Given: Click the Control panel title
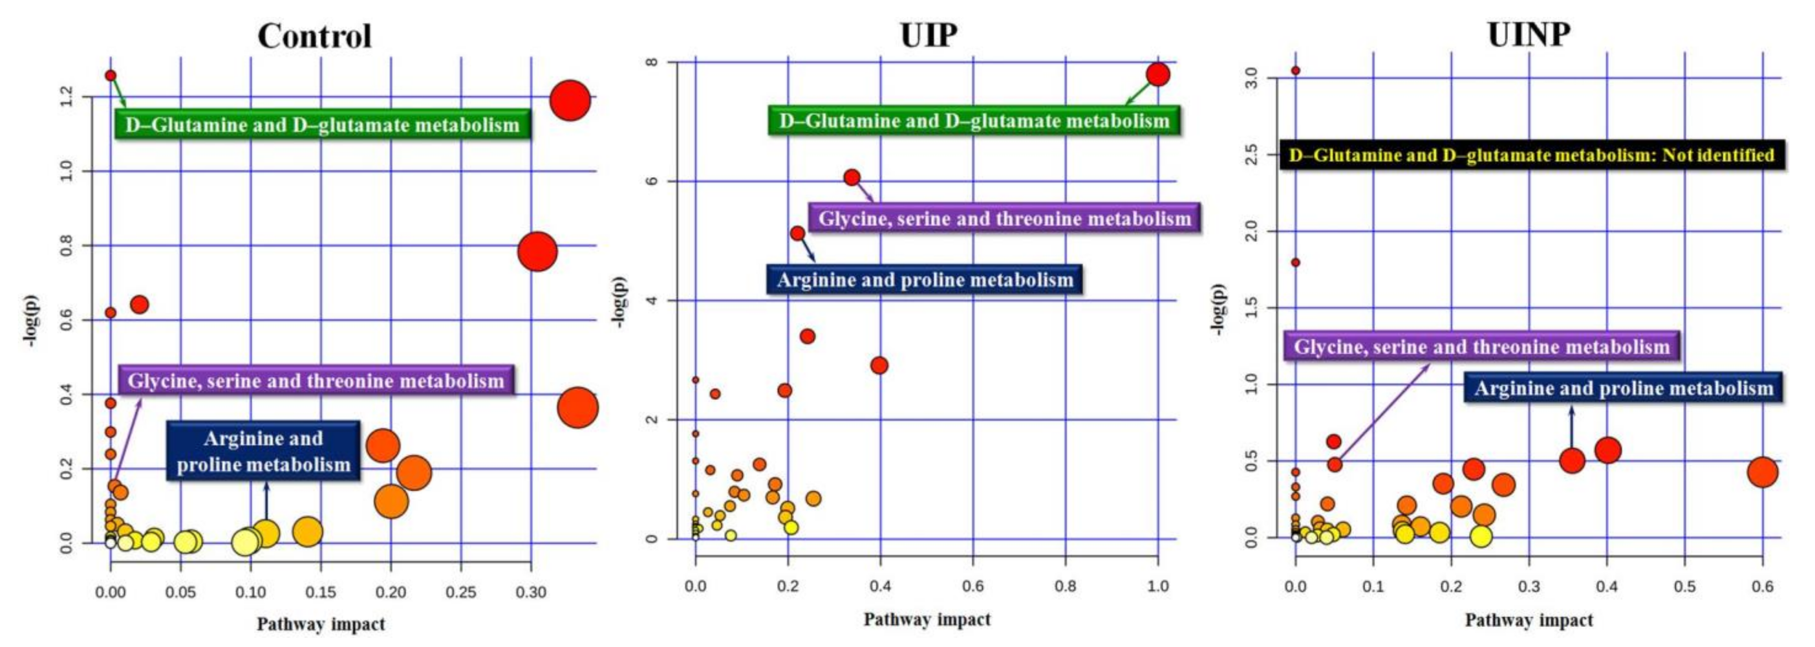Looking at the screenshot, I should pyautogui.click(x=314, y=35).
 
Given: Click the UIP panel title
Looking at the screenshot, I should pyautogui.click(x=929, y=35).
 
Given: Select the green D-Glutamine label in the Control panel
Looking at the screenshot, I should pyautogui.click(x=323, y=125).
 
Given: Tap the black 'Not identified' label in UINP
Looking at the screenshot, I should pyautogui.click(x=1531, y=155).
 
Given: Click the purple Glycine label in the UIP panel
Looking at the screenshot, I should pyautogui.click(x=1004, y=219).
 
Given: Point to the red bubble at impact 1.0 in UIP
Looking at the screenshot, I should pyautogui.click(x=1157, y=74).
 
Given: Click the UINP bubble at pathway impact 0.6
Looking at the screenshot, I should pyautogui.click(x=1762, y=472).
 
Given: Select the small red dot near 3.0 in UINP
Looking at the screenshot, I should pyautogui.click(x=1295, y=71).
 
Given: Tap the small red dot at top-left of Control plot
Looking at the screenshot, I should pyautogui.click(x=111, y=76).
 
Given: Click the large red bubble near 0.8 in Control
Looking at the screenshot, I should pyautogui.click(x=537, y=251).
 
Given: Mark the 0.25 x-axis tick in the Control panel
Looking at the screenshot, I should pyautogui.click(x=460, y=593).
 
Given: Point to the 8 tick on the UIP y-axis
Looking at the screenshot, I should pyautogui.click(x=652, y=62).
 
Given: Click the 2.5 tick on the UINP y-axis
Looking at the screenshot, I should pyautogui.click(x=1251, y=155).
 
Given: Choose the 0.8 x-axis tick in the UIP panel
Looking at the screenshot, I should pyautogui.click(x=1066, y=586).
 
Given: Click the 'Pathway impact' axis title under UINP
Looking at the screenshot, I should pyautogui.click(x=1529, y=620).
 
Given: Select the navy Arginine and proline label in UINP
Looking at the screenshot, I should pyautogui.click(x=1624, y=388).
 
